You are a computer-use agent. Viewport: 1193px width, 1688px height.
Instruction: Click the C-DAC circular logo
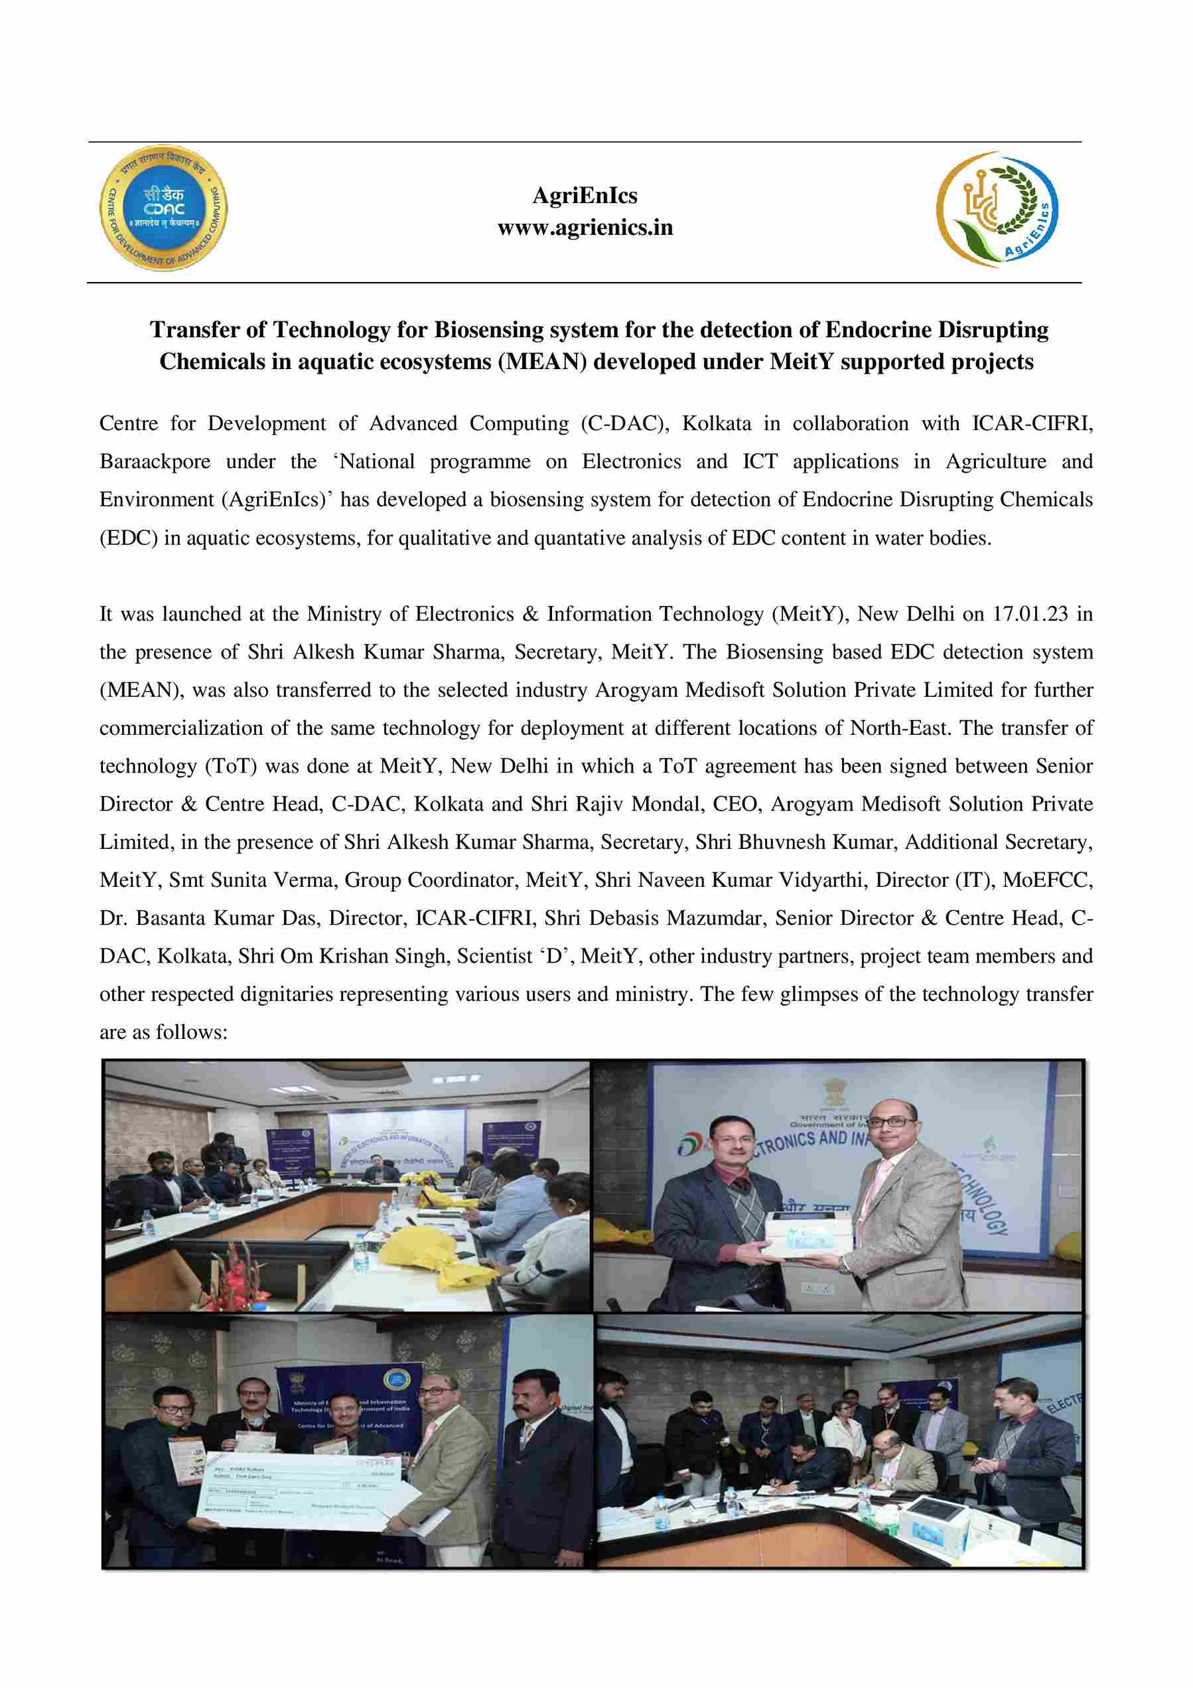tap(163, 207)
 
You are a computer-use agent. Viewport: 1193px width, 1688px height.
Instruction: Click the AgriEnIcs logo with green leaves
tap(997, 209)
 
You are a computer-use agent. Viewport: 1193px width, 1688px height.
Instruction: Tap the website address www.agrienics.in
tap(585, 228)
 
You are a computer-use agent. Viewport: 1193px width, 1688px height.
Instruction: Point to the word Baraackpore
tap(155, 462)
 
